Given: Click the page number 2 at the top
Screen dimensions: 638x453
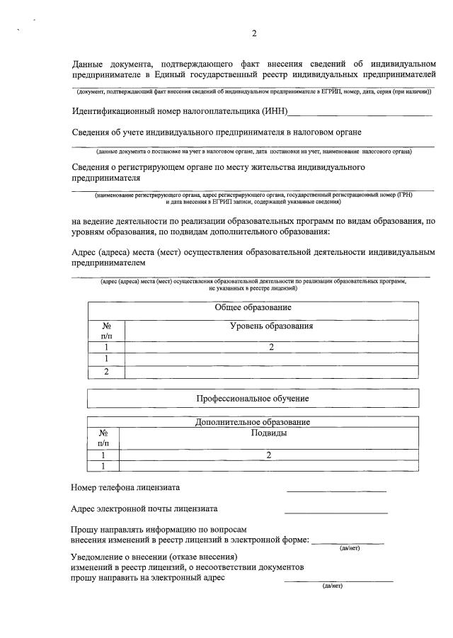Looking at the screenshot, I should [x=254, y=34].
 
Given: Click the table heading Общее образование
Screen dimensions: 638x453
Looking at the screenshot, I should [x=253, y=307].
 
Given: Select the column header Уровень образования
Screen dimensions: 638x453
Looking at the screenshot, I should [x=271, y=326].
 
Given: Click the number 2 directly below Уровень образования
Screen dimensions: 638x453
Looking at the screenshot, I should [x=271, y=347].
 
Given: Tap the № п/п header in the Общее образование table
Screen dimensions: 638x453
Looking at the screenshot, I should [x=106, y=331].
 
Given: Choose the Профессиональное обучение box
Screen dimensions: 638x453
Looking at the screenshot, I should [x=253, y=399].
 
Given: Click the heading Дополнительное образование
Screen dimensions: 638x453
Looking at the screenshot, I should [x=253, y=422].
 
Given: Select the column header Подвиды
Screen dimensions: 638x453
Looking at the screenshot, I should [x=269, y=433].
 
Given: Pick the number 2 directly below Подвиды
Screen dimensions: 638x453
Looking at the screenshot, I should [x=269, y=455].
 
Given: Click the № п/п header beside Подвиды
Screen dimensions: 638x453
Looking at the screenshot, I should [x=103, y=438].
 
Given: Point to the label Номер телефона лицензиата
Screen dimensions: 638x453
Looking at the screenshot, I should [x=125, y=487].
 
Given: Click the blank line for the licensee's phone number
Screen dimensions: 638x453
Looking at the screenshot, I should [x=336, y=490].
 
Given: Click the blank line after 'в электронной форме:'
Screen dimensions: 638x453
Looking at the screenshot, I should [x=348, y=543].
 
